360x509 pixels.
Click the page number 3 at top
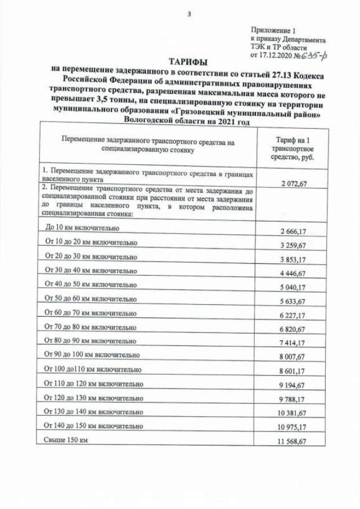pyautogui.click(x=189, y=14)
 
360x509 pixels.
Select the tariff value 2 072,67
pyautogui.click(x=294, y=183)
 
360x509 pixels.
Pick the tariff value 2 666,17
pyautogui.click(x=294, y=232)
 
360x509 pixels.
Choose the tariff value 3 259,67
pyautogui.click(x=294, y=246)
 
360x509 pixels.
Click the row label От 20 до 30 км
pyautogui.click(x=90, y=256)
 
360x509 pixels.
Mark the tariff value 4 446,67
pyautogui.click(x=294, y=274)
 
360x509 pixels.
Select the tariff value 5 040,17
pyautogui.click(x=294, y=288)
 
